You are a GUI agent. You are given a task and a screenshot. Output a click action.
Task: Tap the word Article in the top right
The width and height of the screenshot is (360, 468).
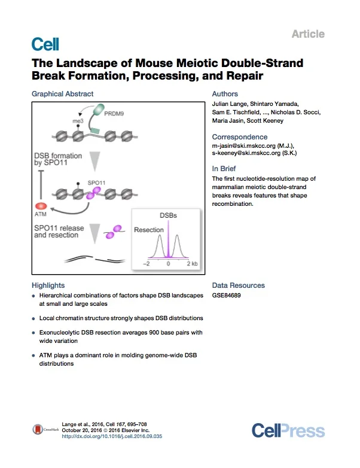point(308,34)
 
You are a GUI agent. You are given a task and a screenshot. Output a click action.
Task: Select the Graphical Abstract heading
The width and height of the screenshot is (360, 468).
point(62,94)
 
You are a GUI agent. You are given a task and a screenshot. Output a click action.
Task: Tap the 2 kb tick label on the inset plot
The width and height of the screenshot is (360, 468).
point(192,263)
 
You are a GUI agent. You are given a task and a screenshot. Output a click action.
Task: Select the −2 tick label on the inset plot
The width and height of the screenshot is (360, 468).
point(145,263)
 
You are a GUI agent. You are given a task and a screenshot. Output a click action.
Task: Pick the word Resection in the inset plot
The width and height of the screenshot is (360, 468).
point(149,230)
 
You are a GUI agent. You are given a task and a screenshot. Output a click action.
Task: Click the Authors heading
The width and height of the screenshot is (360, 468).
point(225,94)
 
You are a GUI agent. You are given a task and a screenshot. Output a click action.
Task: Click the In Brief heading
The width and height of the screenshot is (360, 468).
point(224,169)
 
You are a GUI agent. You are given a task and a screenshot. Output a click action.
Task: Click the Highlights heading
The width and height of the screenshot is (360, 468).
point(48,285)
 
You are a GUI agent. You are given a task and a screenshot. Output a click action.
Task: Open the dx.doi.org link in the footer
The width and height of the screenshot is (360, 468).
point(112,437)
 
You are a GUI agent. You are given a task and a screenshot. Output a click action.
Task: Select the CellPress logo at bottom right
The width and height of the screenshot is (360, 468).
point(288,430)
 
